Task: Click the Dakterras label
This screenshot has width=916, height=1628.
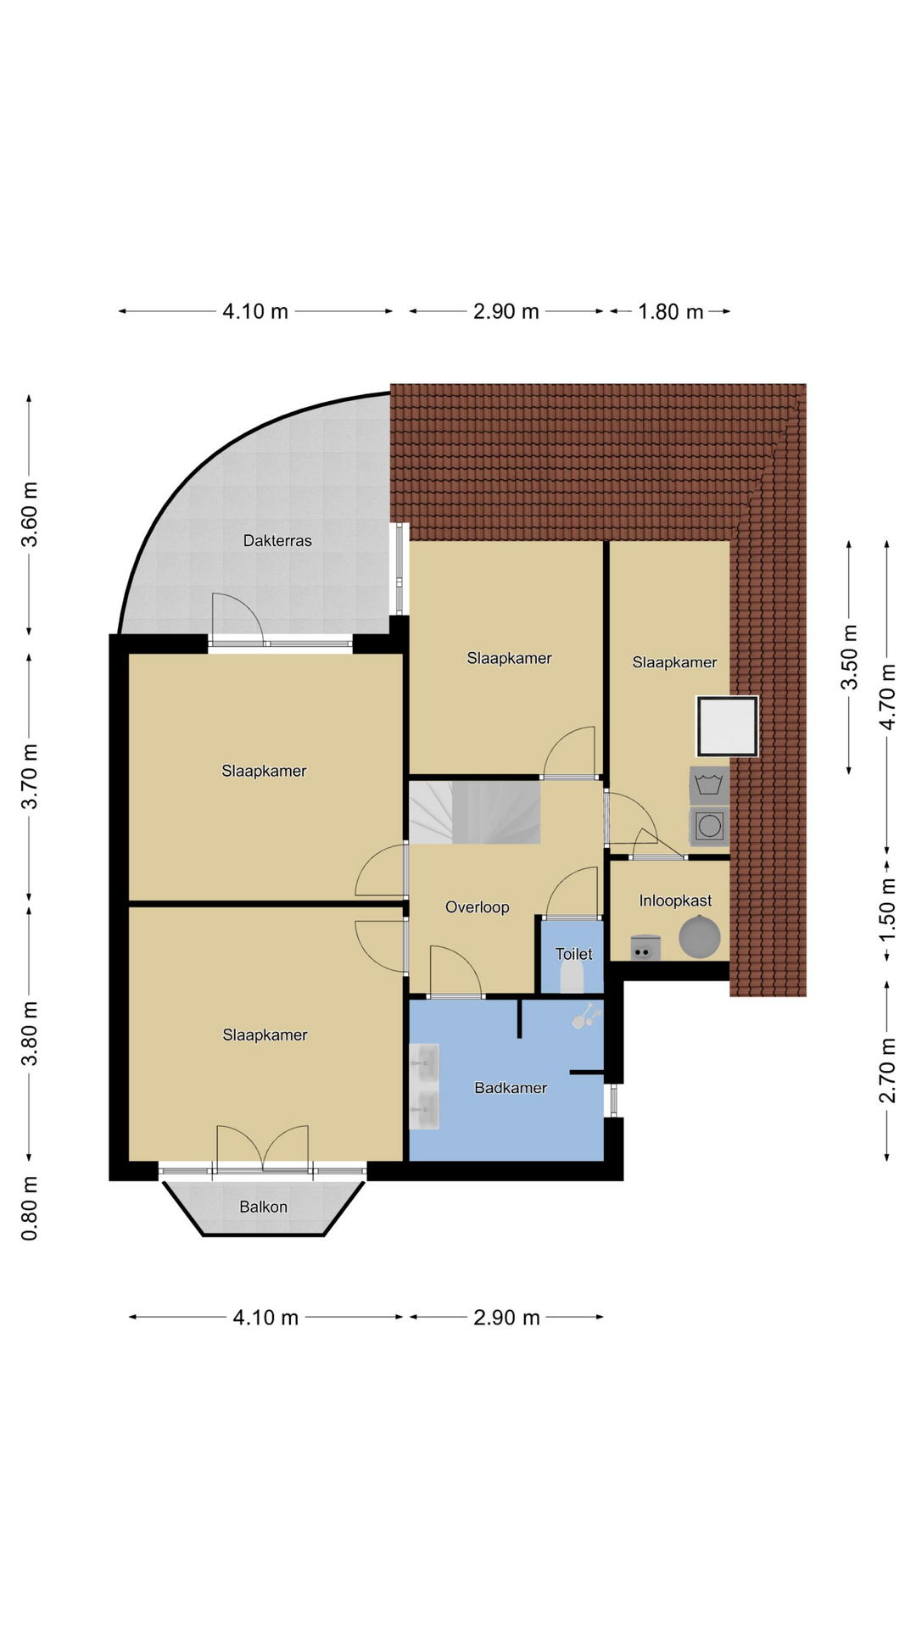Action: click(277, 541)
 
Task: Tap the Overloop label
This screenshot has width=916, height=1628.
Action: click(478, 907)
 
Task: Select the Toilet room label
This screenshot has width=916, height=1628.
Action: click(574, 954)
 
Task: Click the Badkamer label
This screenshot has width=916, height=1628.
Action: click(511, 1088)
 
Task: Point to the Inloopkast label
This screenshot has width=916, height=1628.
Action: click(675, 900)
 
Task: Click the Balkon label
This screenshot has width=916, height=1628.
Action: click(263, 1207)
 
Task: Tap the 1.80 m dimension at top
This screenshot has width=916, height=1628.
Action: click(671, 312)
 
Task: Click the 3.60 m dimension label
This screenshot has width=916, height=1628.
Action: click(30, 515)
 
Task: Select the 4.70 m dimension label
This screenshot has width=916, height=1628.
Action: click(887, 697)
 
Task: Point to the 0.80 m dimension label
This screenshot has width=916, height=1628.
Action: click(30, 1208)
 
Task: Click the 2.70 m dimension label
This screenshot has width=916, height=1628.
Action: click(887, 1070)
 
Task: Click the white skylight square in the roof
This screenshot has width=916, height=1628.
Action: click(727, 727)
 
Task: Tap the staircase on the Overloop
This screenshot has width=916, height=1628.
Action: click(475, 812)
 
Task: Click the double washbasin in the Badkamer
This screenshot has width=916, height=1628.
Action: click(424, 1086)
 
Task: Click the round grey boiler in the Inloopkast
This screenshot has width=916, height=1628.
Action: click(700, 938)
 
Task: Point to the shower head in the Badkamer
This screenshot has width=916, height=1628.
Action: click(584, 1016)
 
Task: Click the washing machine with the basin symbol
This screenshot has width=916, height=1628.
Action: click(709, 785)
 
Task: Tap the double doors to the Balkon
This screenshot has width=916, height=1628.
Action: click(263, 1149)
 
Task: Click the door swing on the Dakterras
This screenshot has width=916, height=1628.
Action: click(237, 618)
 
